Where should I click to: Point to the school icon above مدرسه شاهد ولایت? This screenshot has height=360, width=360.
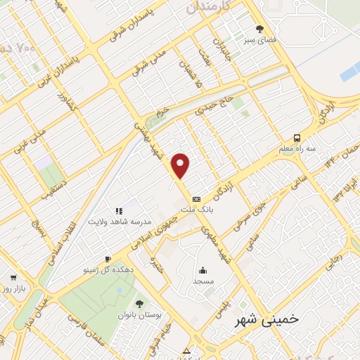(x=119, y=210)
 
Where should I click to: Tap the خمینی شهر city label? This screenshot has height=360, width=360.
(x=267, y=319)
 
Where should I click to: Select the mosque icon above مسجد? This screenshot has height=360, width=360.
(x=202, y=271)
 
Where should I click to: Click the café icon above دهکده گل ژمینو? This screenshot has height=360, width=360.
(x=108, y=259)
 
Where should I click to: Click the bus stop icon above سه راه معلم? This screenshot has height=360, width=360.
(x=297, y=138)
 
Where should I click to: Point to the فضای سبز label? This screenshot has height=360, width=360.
(x=260, y=41)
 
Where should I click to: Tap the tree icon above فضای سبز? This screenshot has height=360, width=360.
(x=259, y=30)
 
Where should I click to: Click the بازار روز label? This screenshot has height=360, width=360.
(x=13, y=289)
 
